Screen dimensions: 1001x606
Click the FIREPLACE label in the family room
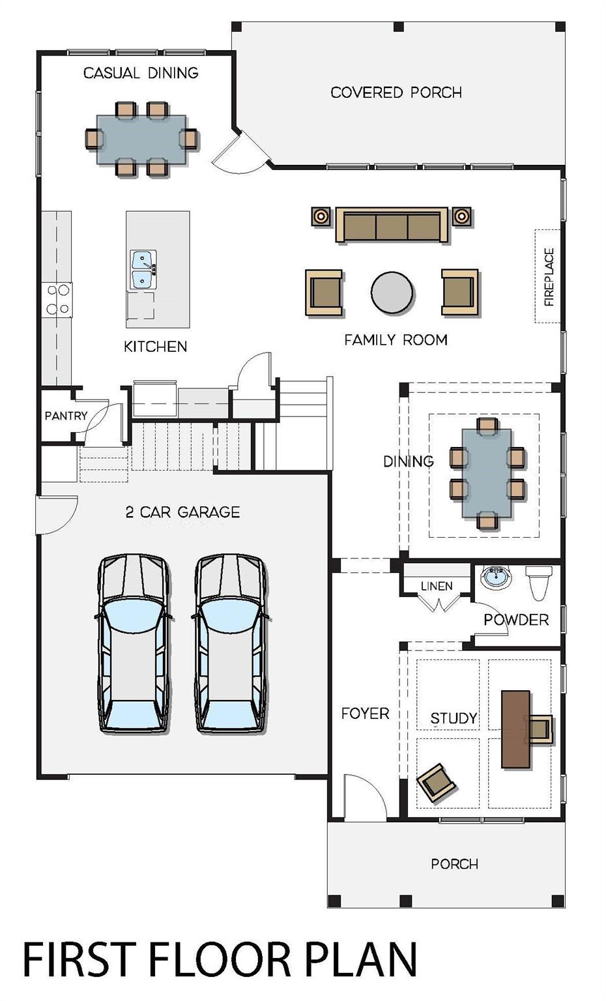point(549,276)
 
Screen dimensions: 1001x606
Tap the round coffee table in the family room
point(392,293)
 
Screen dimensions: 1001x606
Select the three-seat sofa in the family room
point(392,225)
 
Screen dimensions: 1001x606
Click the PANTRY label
point(65,416)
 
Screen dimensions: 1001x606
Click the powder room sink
point(496,577)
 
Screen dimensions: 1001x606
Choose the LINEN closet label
point(436,586)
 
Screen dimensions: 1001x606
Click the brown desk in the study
point(515,729)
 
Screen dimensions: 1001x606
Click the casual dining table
point(141,139)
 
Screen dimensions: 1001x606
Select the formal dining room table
point(487,473)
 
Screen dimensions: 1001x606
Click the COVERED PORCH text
point(396,93)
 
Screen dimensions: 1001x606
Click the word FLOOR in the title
point(219,959)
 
